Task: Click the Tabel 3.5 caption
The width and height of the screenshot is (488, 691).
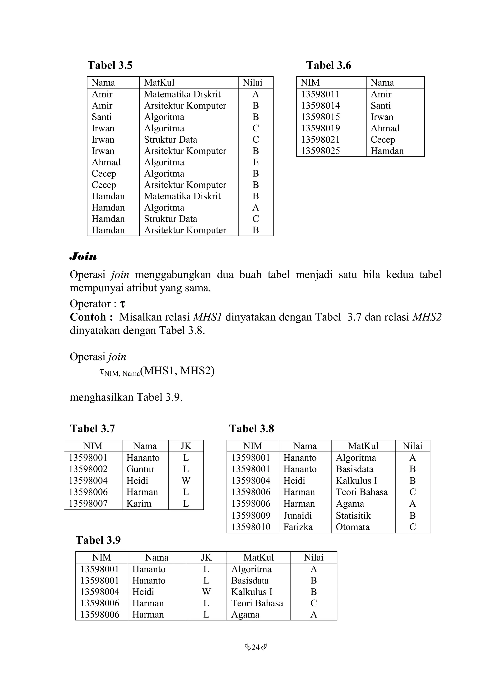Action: [110, 65]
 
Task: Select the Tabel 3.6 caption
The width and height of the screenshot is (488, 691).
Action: [328, 65]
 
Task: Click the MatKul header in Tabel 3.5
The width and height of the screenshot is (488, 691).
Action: [159, 83]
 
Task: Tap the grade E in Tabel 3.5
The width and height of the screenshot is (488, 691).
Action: [256, 162]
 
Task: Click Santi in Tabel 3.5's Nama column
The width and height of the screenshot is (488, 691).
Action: [102, 117]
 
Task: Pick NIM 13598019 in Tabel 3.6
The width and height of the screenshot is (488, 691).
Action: [320, 128]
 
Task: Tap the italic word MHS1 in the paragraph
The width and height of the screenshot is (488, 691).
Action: [207, 317]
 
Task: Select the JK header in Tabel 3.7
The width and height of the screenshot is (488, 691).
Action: [186, 446]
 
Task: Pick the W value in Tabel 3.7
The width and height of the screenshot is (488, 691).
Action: [186, 481]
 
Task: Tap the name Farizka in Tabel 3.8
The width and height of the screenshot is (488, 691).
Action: [298, 527]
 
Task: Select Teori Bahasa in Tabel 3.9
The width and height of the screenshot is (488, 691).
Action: [257, 603]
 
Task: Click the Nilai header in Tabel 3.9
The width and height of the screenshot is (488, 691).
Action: [314, 557]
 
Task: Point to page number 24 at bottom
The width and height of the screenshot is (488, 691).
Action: [256, 647]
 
